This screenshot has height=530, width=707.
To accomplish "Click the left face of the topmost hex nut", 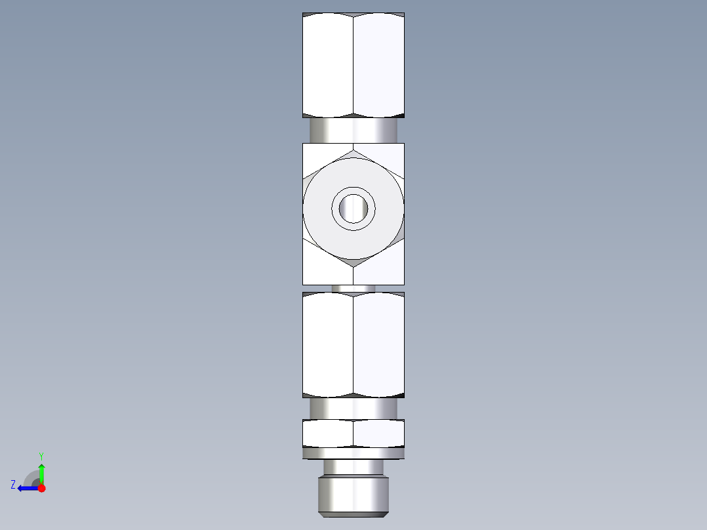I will [327, 66].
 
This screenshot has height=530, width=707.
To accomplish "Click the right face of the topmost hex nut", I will [378, 66].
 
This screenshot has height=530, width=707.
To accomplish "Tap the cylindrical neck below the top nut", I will [353, 130].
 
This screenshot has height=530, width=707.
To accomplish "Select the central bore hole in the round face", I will [353, 209].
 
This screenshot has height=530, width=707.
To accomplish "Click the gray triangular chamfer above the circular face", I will [353, 152].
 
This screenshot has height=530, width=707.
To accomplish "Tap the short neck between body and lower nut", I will [353, 289].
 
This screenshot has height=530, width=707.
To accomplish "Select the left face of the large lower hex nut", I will [327, 344].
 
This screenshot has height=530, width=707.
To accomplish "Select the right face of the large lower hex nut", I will [378, 344].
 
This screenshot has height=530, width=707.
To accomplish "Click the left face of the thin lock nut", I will [327, 433].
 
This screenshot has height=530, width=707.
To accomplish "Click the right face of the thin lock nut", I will [378, 433].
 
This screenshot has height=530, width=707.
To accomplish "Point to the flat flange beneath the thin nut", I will [353, 453].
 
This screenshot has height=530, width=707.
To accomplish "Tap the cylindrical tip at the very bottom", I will [353, 496].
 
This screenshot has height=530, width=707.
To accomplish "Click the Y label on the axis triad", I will [41, 455].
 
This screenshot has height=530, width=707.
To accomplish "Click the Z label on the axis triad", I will [13, 485].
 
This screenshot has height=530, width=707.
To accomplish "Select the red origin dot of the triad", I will [41, 488].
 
